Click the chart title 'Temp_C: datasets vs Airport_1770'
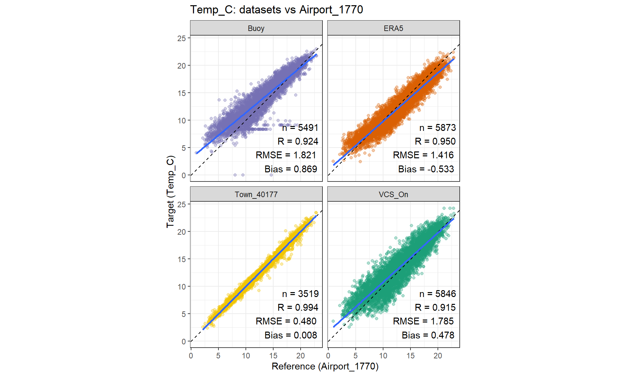[276, 10]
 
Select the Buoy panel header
[256, 28]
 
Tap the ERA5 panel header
[393, 28]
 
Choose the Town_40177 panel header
[256, 195]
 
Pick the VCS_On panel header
[393, 195]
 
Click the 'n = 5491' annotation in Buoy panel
[300, 128]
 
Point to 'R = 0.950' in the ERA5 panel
[435, 141]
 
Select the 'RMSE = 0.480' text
[286, 321]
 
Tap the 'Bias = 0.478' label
[428, 335]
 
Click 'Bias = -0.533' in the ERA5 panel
[426, 169]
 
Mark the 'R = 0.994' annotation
[298, 307]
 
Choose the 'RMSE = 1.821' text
[286, 155]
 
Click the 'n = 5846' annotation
[437, 294]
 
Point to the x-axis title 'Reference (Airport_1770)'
[325, 366]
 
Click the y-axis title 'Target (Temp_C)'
[171, 192]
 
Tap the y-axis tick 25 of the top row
[182, 39]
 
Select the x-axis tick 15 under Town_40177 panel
[273, 356]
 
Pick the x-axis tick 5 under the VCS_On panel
[355, 356]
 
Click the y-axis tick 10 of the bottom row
[182, 287]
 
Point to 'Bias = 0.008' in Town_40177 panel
[291, 335]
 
